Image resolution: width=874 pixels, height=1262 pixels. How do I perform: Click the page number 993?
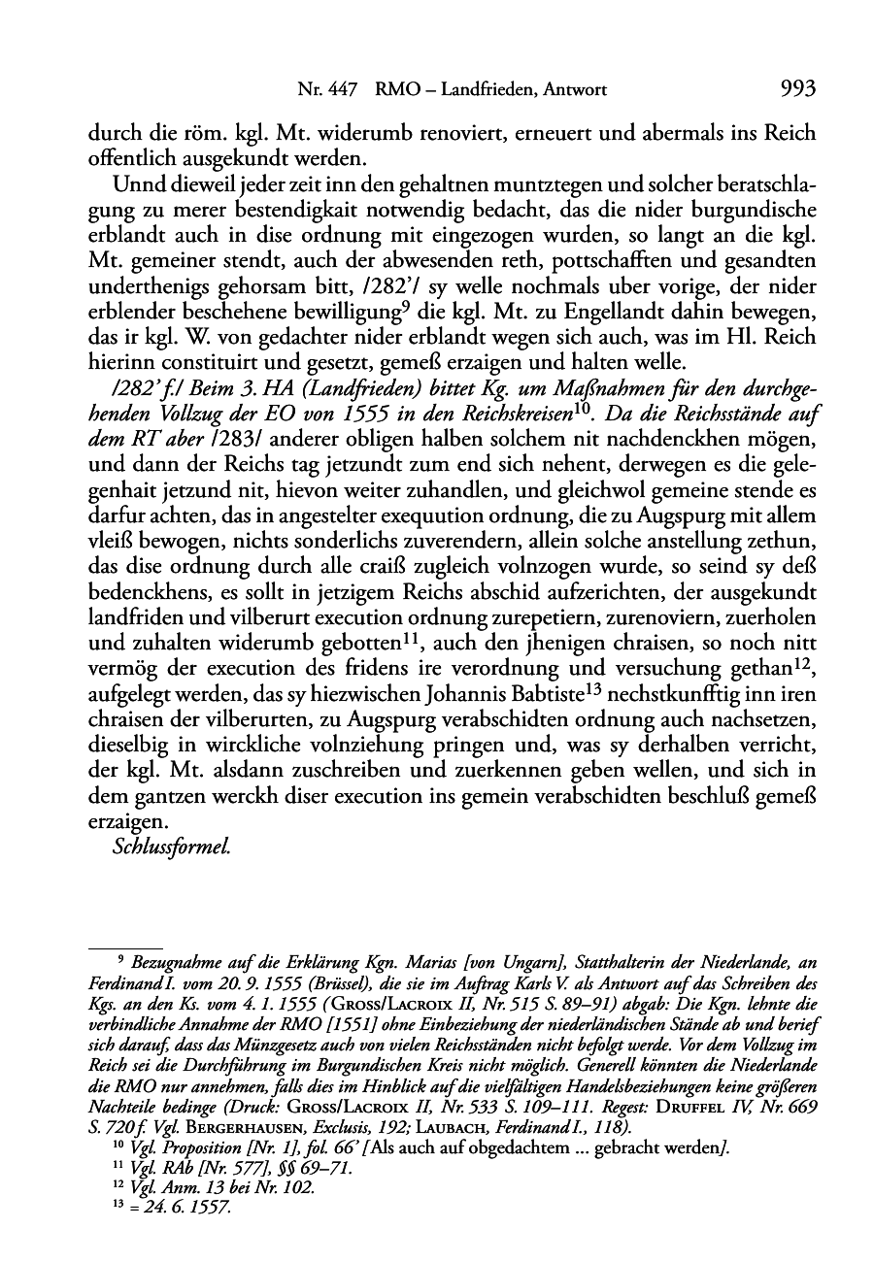796,90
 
